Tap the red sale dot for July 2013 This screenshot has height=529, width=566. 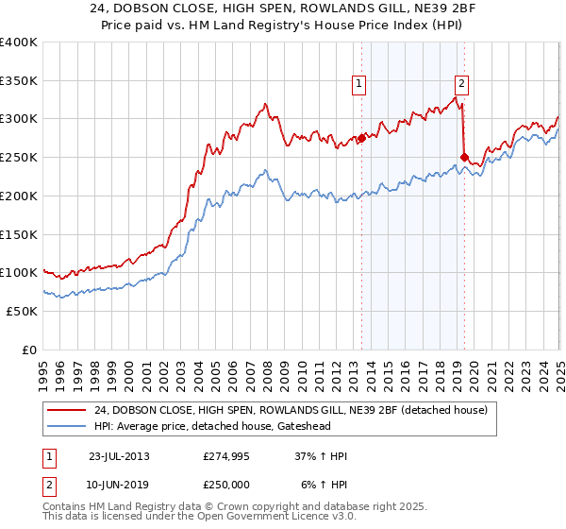pyautogui.click(x=361, y=137)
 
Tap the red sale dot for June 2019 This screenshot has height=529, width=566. pyautogui.click(x=463, y=156)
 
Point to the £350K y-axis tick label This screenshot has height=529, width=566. pyautogui.click(x=18, y=81)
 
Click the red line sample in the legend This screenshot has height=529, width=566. pyautogui.click(x=66, y=410)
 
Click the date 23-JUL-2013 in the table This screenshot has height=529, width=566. pyautogui.click(x=119, y=456)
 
